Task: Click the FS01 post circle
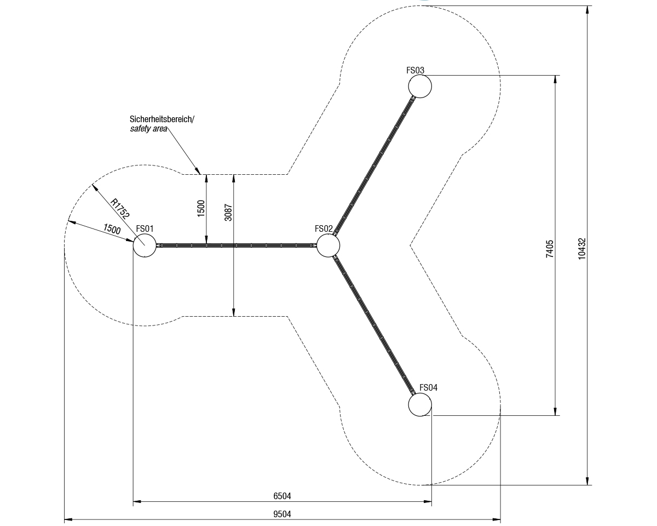click(145, 245)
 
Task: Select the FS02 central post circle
click(328, 245)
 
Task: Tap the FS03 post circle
click(420, 86)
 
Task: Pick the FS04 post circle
click(420, 404)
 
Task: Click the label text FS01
click(145, 229)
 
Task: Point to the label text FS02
click(324, 229)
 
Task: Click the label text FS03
click(415, 70)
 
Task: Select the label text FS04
click(428, 388)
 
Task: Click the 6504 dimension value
click(282, 496)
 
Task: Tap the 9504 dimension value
click(282, 514)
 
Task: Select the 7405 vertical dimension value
click(550, 249)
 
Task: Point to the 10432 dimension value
click(582, 248)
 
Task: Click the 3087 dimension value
click(228, 213)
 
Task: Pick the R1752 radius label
click(120, 209)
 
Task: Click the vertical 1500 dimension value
click(201, 208)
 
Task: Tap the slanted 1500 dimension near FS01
click(112, 229)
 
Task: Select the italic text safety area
click(148, 129)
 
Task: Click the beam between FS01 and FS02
click(235, 245)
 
